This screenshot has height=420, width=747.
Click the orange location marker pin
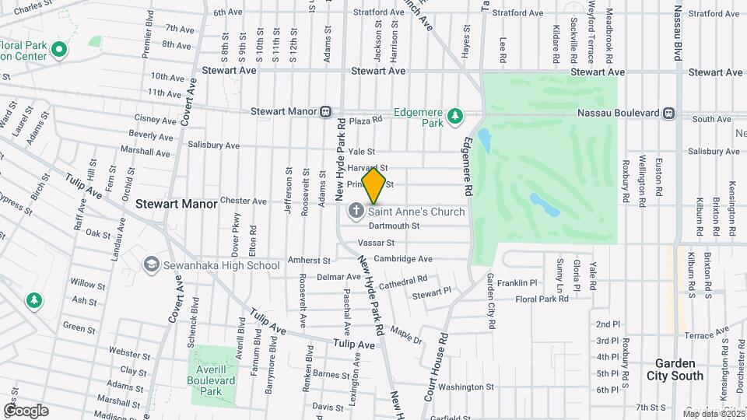[x=374, y=186]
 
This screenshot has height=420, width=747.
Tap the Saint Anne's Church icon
[x=356, y=212]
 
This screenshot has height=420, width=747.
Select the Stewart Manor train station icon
[x=327, y=112]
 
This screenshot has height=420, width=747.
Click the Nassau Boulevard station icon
[x=668, y=113]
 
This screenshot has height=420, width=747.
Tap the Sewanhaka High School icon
[x=150, y=265]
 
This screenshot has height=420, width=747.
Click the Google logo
[x=26, y=410]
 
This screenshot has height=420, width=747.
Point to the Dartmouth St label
[x=394, y=226]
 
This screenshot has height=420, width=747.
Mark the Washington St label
[x=466, y=387]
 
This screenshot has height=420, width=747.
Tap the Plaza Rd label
[x=366, y=121]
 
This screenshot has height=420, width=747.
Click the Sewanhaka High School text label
[x=221, y=265]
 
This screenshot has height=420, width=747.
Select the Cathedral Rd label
[x=403, y=280]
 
